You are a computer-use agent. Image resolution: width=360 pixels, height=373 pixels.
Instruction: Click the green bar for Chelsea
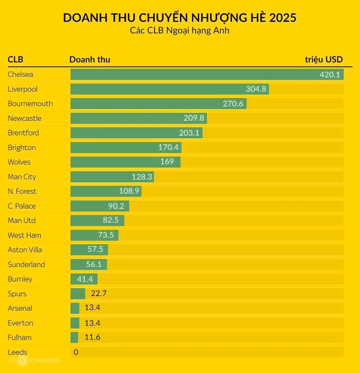[206, 75]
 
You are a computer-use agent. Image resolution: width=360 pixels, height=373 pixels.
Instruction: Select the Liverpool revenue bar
[169, 89]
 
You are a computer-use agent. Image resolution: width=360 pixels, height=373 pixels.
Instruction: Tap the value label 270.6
[233, 104]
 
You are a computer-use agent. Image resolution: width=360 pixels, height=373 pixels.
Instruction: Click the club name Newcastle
[24, 118]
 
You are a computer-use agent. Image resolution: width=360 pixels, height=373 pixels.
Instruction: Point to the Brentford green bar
[136, 133]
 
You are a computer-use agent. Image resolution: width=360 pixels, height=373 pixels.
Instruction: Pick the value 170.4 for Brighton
[169, 147]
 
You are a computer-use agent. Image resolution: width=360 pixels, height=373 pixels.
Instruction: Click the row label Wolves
[19, 162]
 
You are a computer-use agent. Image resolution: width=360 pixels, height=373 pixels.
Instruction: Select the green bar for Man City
[112, 176]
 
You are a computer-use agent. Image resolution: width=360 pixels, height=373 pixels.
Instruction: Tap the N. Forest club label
[22, 191]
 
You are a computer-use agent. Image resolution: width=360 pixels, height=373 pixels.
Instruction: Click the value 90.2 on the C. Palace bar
[116, 206]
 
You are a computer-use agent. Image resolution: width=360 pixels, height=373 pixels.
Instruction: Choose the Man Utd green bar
[97, 220]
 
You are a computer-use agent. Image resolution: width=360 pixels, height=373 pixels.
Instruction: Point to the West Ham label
[24, 235]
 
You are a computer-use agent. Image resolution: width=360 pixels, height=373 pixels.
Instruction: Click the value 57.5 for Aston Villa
[96, 250]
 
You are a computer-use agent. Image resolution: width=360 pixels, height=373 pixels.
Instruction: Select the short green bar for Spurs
[78, 294]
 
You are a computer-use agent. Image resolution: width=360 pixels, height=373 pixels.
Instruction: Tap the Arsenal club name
[20, 308]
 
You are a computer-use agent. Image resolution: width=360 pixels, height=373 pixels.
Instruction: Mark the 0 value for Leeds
[76, 352]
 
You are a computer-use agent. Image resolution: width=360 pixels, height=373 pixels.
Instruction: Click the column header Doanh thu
[89, 59]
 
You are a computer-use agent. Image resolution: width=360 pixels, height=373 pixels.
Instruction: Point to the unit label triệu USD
[323, 59]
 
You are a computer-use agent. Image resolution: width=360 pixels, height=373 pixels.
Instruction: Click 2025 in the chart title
[282, 17]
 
